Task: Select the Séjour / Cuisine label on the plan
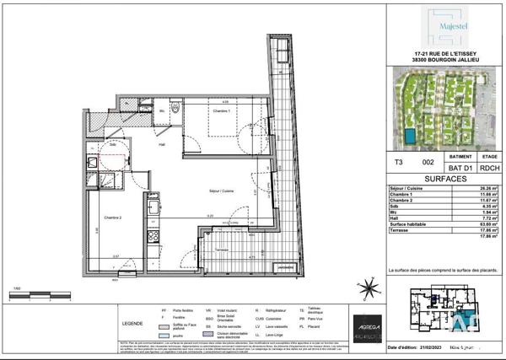point(223,191)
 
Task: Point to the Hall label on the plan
point(170,144)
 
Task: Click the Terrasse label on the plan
point(223,252)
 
